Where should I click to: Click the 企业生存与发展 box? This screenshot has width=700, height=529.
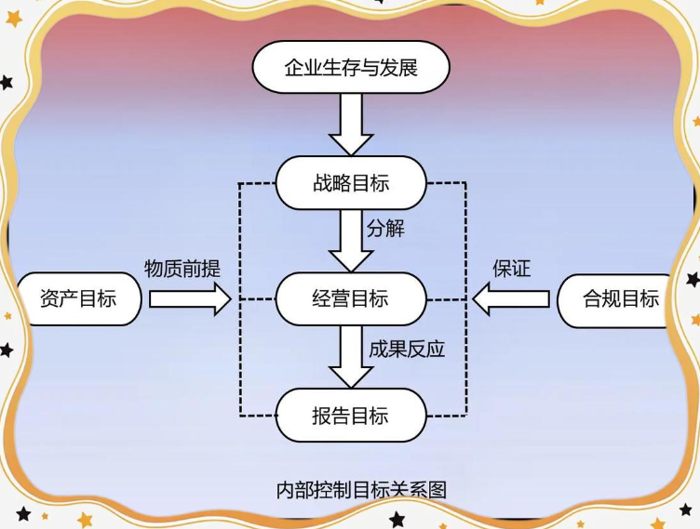351,68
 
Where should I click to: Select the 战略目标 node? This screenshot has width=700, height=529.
351,182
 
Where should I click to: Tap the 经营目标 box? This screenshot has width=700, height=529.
351,299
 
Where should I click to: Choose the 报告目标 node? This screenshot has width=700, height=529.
351,415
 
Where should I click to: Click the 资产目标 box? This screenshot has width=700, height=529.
78,299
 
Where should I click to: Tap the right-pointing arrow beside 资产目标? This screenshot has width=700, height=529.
190,299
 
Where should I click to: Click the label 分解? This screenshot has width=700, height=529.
385,229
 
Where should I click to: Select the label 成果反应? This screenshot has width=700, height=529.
407,349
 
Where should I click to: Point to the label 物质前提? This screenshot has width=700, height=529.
182,269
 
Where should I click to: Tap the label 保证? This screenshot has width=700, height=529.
511,269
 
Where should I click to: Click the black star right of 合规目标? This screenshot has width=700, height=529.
693,279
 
